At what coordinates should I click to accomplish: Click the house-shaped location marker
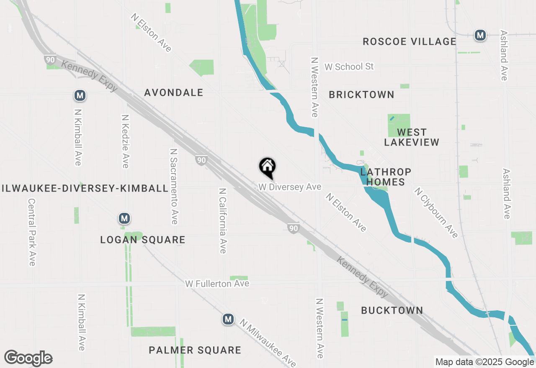pyautogui.click(x=268, y=167)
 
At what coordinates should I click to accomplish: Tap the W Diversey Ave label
pyautogui.click(x=290, y=187)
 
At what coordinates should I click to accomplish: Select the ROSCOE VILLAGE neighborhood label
pyautogui.click(x=409, y=41)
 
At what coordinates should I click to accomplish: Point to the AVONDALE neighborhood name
pyautogui.click(x=174, y=92)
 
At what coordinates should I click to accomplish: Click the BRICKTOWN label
pyautogui.click(x=361, y=95)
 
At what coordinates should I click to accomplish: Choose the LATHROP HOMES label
pyautogui.click(x=385, y=177)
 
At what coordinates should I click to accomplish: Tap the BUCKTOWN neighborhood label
pyautogui.click(x=392, y=310)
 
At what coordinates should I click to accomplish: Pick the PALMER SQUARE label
pyautogui.click(x=195, y=350)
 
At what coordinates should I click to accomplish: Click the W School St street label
pyautogui.click(x=349, y=66)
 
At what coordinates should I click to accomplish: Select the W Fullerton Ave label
pyautogui.click(x=217, y=284)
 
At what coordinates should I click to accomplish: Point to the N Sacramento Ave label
pyautogui.click(x=174, y=186)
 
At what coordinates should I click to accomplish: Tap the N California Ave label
pyautogui.click(x=222, y=220)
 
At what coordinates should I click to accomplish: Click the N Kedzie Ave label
pyautogui.click(x=125, y=141)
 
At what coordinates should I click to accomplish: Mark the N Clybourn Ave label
pyautogui.click(x=436, y=212)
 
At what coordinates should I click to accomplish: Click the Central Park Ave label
pyautogui.click(x=32, y=232)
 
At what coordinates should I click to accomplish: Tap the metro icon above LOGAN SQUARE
pyautogui.click(x=124, y=218)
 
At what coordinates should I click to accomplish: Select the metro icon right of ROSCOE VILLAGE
pyautogui.click(x=480, y=35)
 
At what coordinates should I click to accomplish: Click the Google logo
pyautogui.click(x=28, y=358)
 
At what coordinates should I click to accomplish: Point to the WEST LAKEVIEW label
pyautogui.click(x=412, y=137)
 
